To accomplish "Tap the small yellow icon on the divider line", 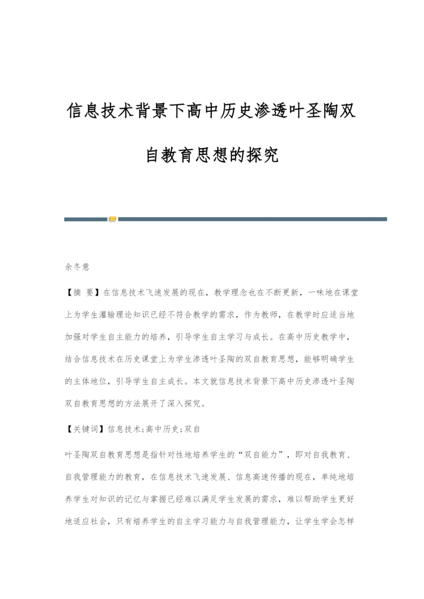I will (x=112, y=219).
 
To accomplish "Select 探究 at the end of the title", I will (x=262, y=155).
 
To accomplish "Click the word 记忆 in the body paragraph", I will (x=145, y=498).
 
